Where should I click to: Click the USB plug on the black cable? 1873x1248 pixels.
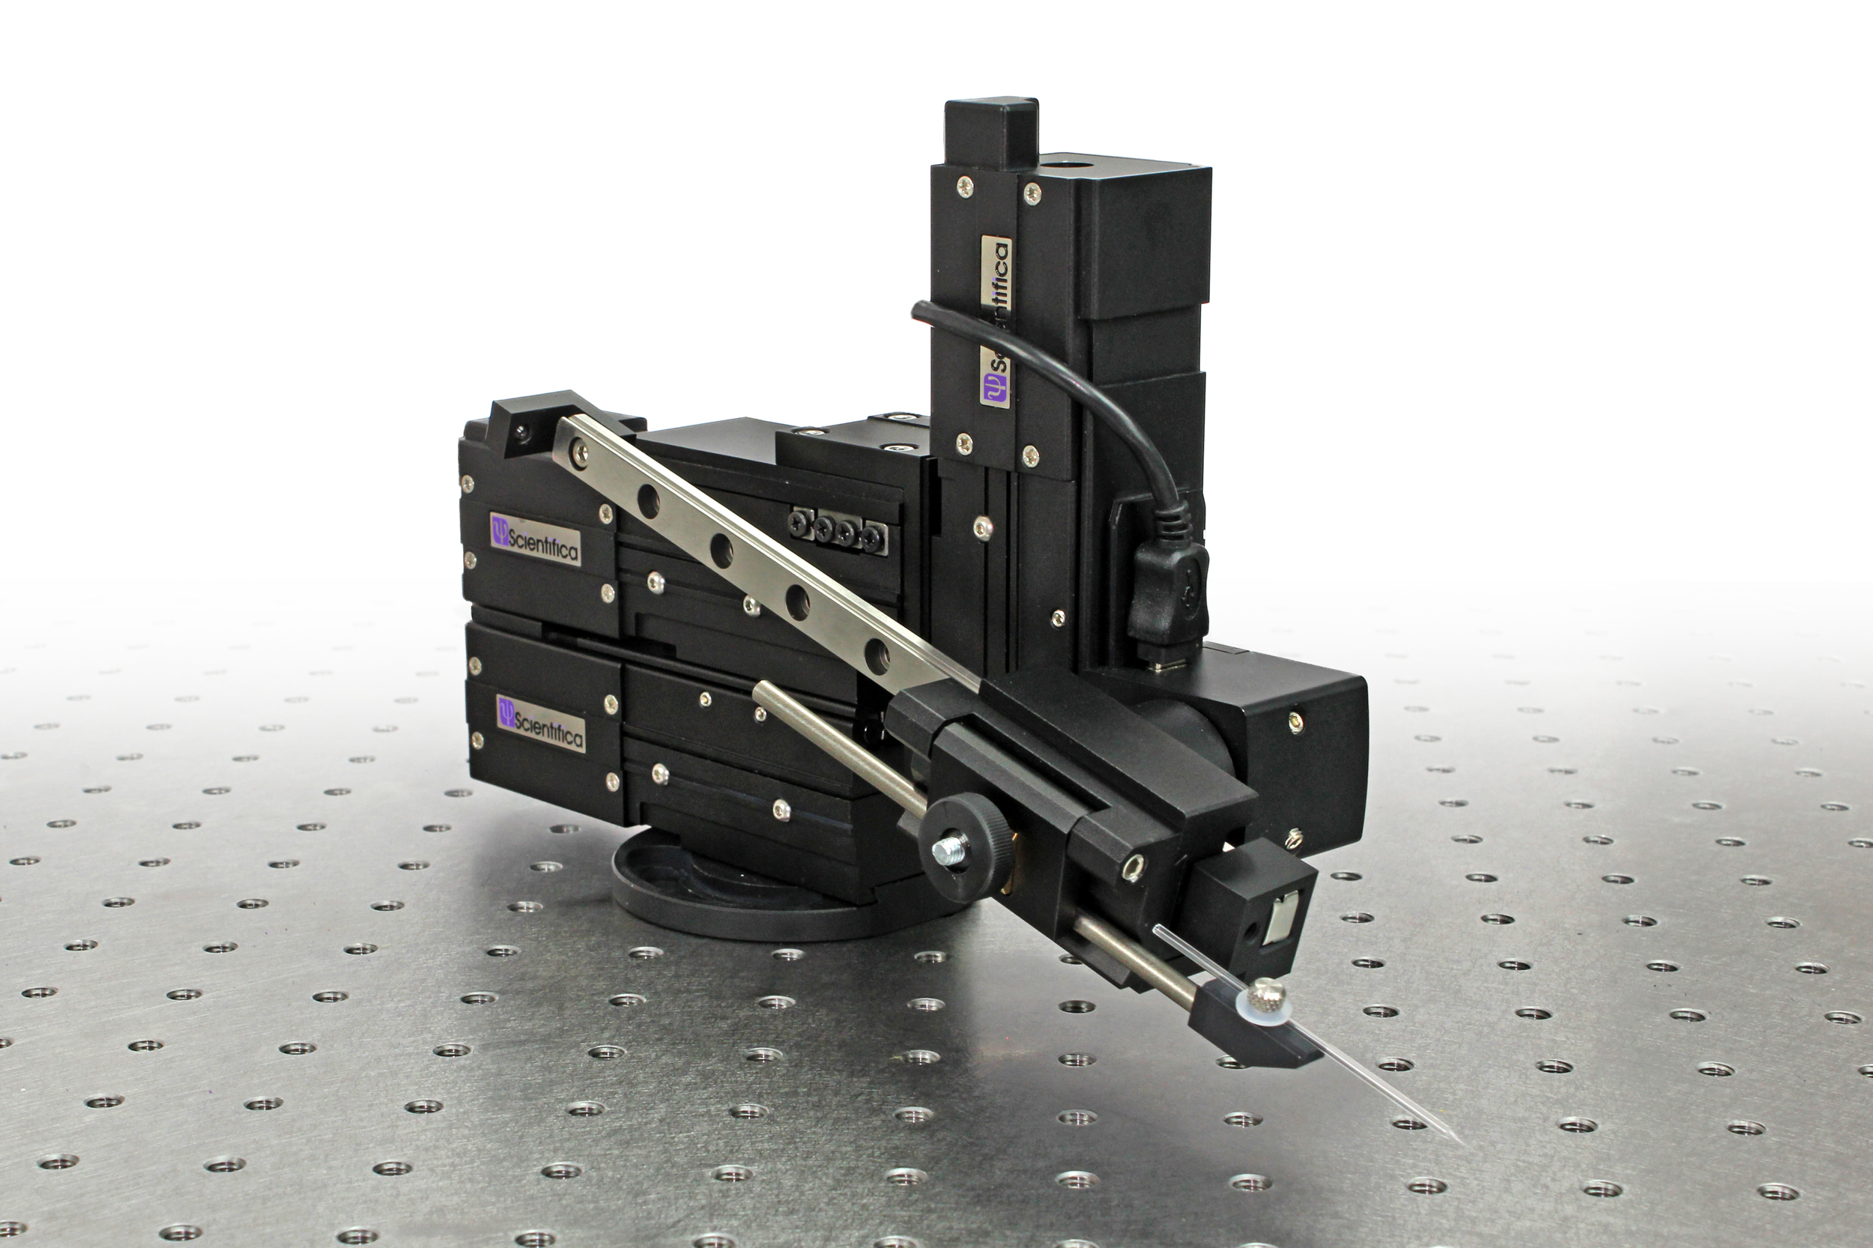coord(1168,589)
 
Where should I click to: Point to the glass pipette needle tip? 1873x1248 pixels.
coord(1462,1143)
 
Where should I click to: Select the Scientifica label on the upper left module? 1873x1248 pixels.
coord(535,539)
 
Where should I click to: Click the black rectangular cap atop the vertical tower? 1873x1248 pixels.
coord(992,132)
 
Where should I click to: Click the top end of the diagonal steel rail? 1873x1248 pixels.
coord(566,434)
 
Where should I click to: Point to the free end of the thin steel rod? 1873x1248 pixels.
coord(760,690)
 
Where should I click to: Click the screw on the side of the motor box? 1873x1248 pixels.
coord(1295,721)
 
